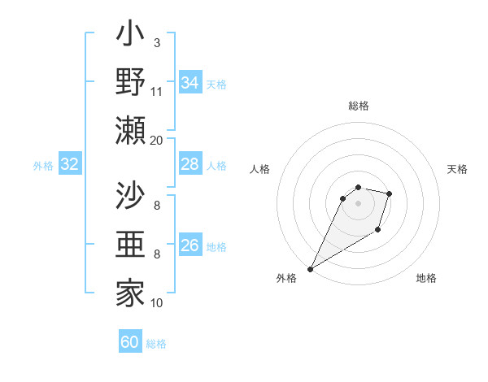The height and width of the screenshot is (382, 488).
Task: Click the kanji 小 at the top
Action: pyautogui.click(x=130, y=37)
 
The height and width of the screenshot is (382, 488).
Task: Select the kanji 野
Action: pyautogui.click(x=130, y=84)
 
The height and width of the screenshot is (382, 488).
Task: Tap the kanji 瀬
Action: pyautogui.click(x=130, y=131)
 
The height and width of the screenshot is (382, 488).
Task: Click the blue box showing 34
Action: pyautogui.click(x=190, y=83)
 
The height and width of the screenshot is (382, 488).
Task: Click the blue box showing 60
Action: pyautogui.click(x=130, y=343)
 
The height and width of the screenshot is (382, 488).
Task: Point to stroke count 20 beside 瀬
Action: pyautogui.click(x=157, y=140)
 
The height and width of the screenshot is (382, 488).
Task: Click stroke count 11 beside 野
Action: pyautogui.click(x=157, y=91)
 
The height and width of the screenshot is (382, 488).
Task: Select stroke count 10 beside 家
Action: pyautogui.click(x=157, y=302)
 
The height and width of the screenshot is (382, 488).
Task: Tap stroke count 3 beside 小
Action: pyautogui.click(x=157, y=43)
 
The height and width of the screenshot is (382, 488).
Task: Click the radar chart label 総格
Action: pyautogui.click(x=358, y=106)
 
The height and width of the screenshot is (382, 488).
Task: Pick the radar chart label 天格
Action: pyautogui.click(x=458, y=169)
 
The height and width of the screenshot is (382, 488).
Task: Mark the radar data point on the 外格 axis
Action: pyautogui.click(x=310, y=269)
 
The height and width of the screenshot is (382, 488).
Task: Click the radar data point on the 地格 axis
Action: pyautogui.click(x=378, y=230)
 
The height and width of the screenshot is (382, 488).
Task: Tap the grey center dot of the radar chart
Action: pyautogui.click(x=358, y=203)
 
